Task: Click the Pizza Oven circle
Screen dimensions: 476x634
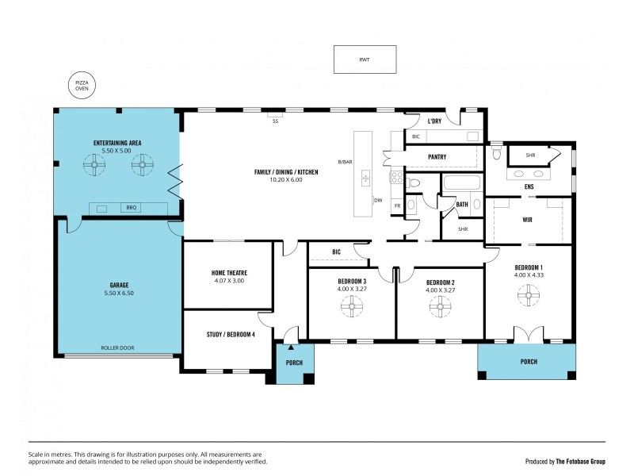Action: point(82,86)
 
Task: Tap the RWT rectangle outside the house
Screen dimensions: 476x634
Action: point(365,59)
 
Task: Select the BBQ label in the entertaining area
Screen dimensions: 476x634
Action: point(131,208)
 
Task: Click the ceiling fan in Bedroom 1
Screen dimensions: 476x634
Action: point(528,296)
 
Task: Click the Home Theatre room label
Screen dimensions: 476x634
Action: point(228,272)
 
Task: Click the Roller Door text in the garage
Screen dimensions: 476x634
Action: point(116,348)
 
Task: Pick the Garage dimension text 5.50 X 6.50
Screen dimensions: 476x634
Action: point(120,293)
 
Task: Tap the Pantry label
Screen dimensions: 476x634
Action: point(437,157)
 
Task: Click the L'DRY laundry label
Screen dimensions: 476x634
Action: point(434,121)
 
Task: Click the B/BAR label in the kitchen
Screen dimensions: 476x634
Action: point(345,162)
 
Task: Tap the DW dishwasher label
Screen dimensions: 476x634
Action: point(378,201)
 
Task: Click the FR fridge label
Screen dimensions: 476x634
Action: point(397,206)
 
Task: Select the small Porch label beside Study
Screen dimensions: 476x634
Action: point(294,363)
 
